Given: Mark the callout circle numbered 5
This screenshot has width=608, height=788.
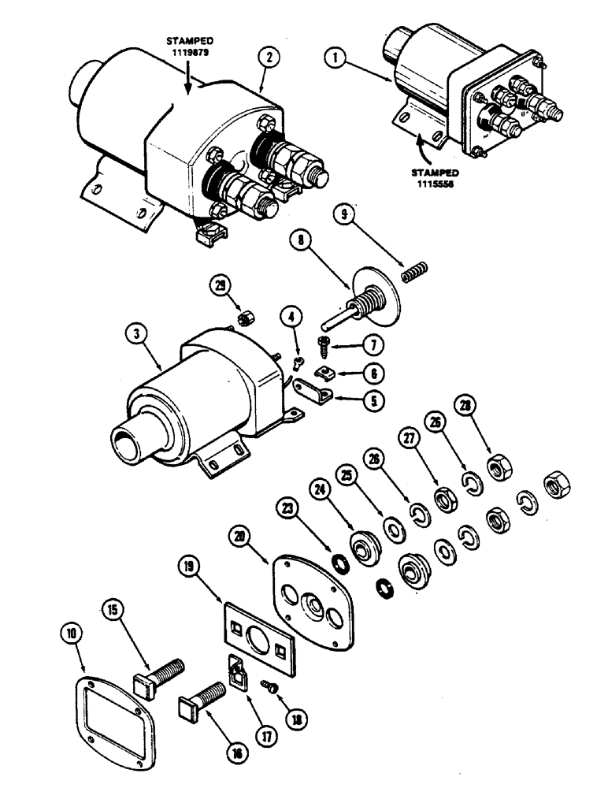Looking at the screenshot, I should [x=374, y=400].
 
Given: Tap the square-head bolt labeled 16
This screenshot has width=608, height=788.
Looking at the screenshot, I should [x=204, y=699].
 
